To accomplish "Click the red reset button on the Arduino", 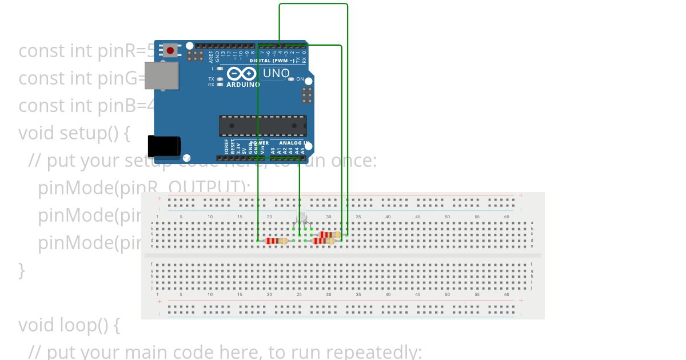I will (170, 51).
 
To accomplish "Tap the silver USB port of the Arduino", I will (161, 76).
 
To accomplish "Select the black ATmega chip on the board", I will (262, 126).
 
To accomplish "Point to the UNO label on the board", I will (276, 74).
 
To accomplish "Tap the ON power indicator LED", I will (291, 79).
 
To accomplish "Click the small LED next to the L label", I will (220, 69).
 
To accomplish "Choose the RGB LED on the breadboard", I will (301, 218).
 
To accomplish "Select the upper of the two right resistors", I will (330, 234).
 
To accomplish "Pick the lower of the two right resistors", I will (324, 241).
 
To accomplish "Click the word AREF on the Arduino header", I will (211, 57).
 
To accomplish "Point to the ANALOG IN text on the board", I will (294, 143).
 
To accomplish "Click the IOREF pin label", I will (226, 147).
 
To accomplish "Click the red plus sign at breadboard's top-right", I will (521, 195).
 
